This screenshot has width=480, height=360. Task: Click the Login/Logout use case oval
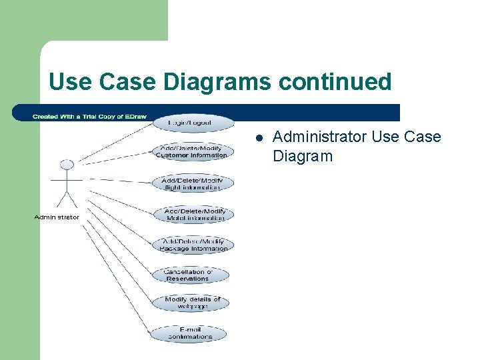click(x=194, y=123)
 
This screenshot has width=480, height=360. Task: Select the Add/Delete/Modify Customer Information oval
click(x=192, y=152)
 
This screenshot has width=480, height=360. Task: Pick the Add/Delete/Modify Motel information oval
click(x=195, y=214)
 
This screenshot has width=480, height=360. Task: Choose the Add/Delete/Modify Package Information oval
click(x=194, y=245)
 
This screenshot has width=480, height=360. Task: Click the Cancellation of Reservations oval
click(x=188, y=275)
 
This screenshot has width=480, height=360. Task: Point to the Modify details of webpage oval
click(x=193, y=303)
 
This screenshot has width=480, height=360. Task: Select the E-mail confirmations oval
click(x=190, y=333)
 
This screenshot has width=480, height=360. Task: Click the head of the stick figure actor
click(x=65, y=165)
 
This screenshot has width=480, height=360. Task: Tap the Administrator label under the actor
click(x=57, y=217)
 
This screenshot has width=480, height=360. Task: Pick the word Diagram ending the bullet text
click(x=302, y=157)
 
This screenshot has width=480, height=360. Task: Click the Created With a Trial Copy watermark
click(x=79, y=117)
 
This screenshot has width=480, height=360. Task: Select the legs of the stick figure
click(x=65, y=199)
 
